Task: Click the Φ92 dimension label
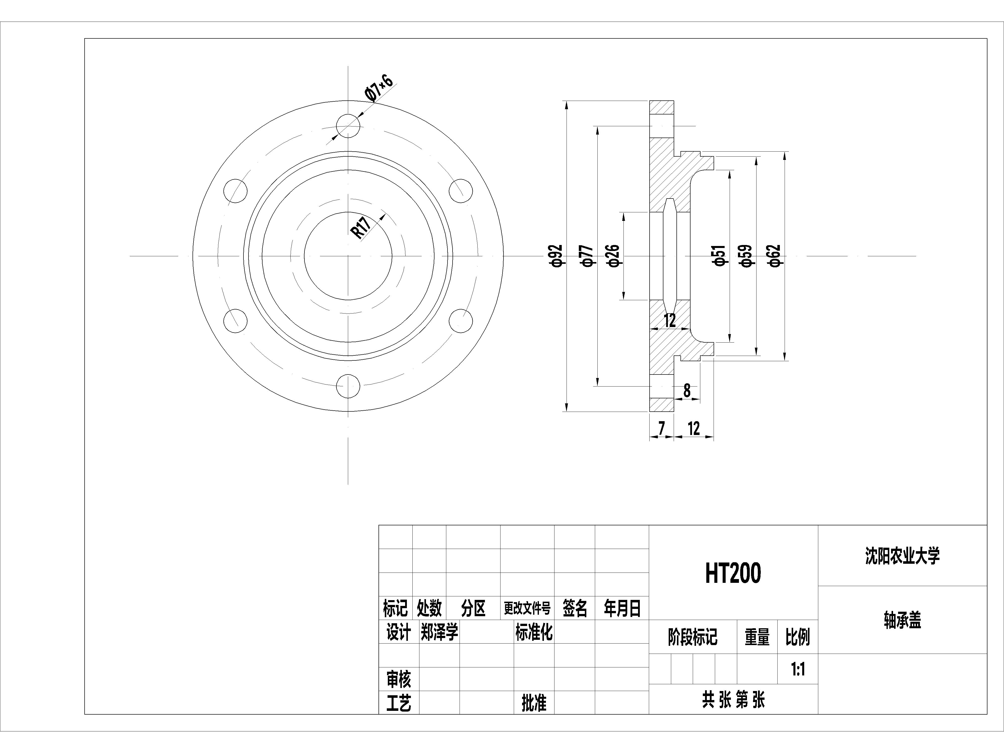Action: [557, 256]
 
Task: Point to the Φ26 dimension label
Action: [613, 256]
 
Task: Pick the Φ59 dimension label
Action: [747, 256]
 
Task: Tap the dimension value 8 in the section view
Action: [687, 390]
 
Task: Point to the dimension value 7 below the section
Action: [661, 428]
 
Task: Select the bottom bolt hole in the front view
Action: [348, 387]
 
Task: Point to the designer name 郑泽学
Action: [439, 632]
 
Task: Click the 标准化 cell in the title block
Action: [534, 632]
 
